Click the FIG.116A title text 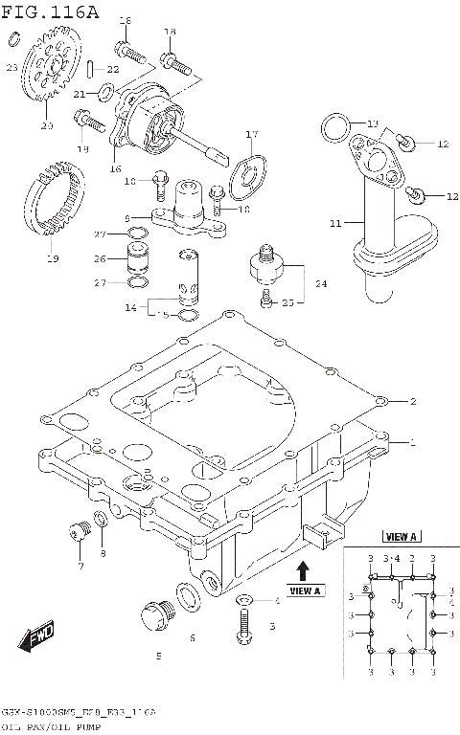tap(50, 11)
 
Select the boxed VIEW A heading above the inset tap(401, 537)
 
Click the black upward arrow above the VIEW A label tap(303, 571)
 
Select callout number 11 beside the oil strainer tap(334, 223)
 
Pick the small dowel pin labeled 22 tap(89, 69)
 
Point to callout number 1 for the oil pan tap(412, 443)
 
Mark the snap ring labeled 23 tap(12, 38)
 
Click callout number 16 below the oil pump tap(115, 168)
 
